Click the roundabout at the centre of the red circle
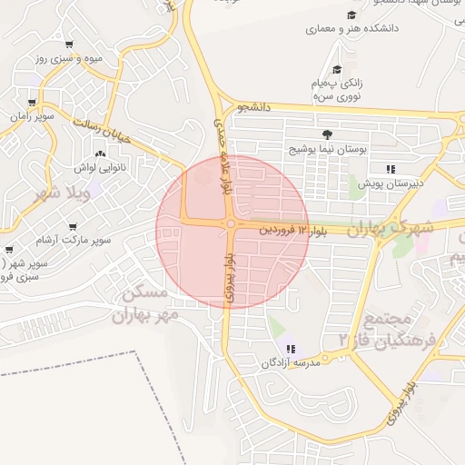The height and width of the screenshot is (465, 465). (232, 223)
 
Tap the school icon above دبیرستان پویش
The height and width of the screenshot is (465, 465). (391, 169)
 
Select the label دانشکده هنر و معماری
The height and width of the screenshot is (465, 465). (351, 29)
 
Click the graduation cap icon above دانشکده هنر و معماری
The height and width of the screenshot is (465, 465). (351, 15)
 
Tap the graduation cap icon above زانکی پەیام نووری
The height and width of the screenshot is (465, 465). (337, 69)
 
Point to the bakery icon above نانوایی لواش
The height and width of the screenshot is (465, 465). (101, 154)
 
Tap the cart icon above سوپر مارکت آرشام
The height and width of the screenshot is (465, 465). (72, 226)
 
